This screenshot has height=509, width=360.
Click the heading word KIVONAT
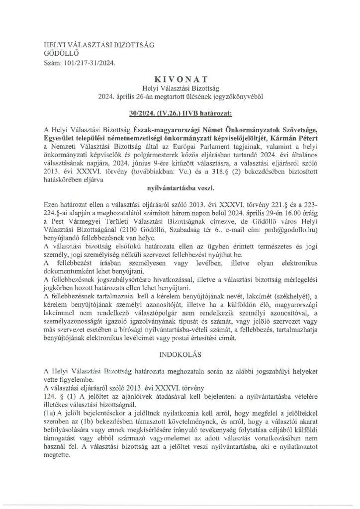tap(180, 79)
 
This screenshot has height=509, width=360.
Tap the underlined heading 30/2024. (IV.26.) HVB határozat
tap(180, 106)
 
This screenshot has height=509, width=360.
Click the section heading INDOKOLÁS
tap(180, 357)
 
